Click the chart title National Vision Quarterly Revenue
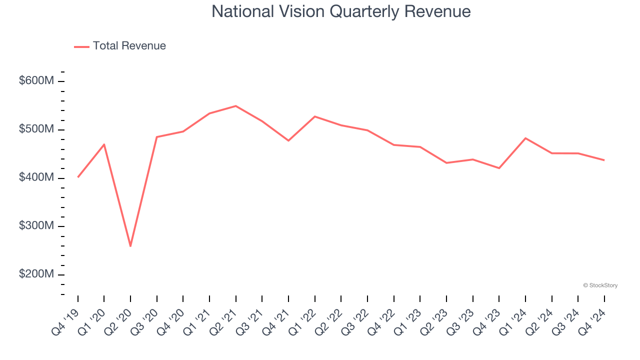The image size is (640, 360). pyautogui.click(x=341, y=11)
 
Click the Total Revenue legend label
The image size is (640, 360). pyautogui.click(x=129, y=46)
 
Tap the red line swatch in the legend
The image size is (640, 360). pyautogui.click(x=81, y=46)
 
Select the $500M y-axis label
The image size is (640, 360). pyautogui.click(x=36, y=129)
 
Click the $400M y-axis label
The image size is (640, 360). pyautogui.click(x=36, y=178)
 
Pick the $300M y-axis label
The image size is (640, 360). pyautogui.click(x=36, y=226)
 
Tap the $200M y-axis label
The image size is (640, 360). pyautogui.click(x=36, y=274)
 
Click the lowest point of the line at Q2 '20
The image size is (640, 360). pyautogui.click(x=130, y=246)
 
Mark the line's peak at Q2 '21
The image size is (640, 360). pyautogui.click(x=235, y=106)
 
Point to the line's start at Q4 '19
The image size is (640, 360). pyautogui.click(x=78, y=177)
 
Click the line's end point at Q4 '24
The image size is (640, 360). pyautogui.click(x=604, y=160)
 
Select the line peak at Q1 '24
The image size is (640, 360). pyautogui.click(x=525, y=138)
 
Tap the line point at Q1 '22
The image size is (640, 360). pyautogui.click(x=314, y=116)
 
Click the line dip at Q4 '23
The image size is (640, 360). pyautogui.click(x=499, y=168)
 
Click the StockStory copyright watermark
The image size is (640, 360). pyautogui.click(x=600, y=285)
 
